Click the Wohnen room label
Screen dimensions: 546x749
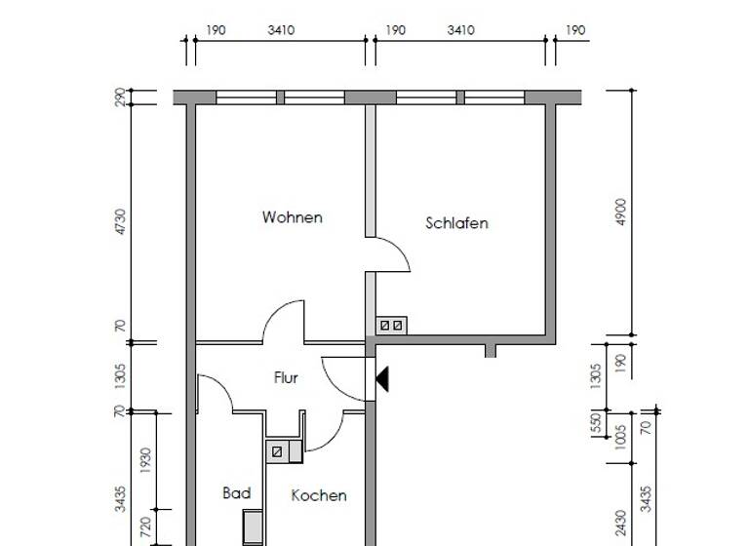pos(292,217)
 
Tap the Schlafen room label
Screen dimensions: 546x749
pos(456,223)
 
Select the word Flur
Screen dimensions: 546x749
pos(286,378)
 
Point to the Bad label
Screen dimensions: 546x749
pos(236,493)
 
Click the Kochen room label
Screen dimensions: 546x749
pos(319,495)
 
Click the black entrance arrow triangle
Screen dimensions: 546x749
pos(382,378)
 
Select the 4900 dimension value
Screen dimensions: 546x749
pos(621,213)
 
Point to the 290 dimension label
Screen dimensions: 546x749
pos(121,97)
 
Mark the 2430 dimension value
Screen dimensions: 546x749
pos(621,523)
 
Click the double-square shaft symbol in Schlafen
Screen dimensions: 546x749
pos(391,325)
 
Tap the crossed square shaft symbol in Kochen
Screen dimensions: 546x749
pos(277,451)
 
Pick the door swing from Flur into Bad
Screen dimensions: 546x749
pos(217,392)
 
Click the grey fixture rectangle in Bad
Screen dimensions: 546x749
pos(253,527)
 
